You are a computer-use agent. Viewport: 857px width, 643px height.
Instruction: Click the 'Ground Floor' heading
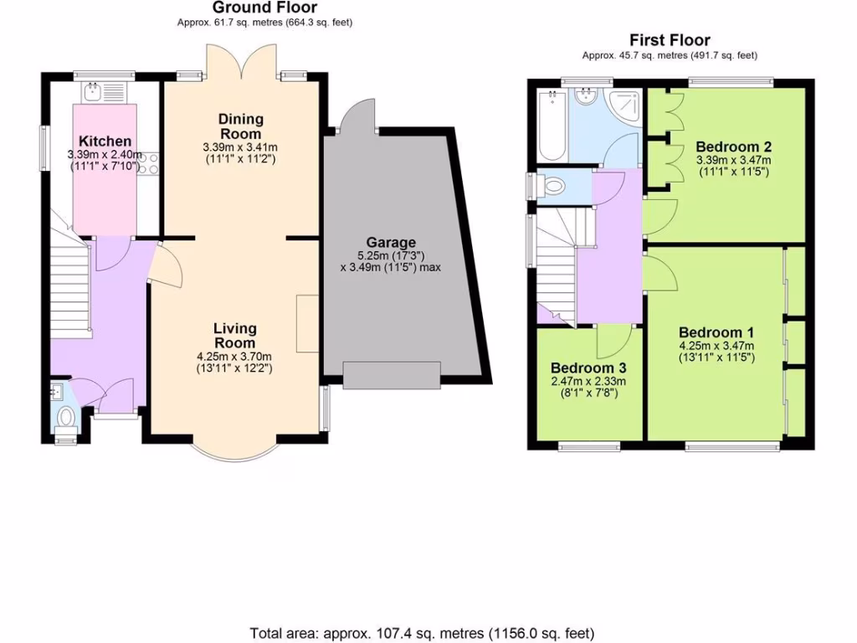(264, 8)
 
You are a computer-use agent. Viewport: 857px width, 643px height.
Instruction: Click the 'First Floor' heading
(670, 40)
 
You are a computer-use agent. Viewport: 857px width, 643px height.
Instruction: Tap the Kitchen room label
(105, 141)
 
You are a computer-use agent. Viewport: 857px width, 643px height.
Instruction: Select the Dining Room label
(240, 126)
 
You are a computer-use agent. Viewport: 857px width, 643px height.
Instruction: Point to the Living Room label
(234, 335)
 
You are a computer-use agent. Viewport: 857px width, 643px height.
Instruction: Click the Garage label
(391, 243)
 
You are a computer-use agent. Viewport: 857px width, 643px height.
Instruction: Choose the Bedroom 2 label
(733, 147)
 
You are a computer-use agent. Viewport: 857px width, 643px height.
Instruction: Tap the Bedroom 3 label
(588, 368)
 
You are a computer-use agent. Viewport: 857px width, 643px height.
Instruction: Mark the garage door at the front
(391, 375)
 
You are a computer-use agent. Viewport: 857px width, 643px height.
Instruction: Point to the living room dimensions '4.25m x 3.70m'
(234, 356)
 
